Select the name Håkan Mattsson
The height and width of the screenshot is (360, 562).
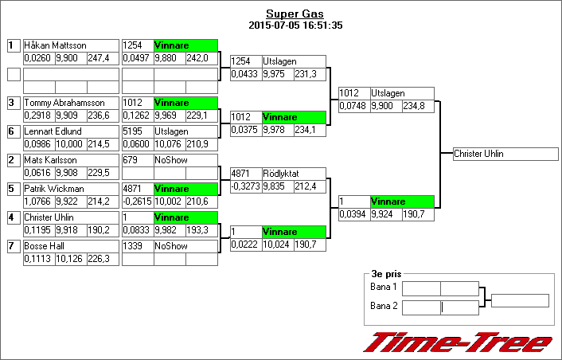point(55,45)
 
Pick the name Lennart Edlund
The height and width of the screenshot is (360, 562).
point(53,131)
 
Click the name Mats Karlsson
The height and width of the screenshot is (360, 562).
point(50,160)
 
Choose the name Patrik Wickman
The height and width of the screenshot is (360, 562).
point(54,189)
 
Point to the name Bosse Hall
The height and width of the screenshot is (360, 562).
point(44,246)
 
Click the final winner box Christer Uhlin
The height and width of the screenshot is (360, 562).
point(479,154)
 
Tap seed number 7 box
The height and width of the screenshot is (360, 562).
point(14,246)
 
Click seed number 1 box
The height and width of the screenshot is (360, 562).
point(14,45)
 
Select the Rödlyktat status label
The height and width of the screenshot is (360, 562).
point(279,173)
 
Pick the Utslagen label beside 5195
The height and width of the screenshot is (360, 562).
point(171,131)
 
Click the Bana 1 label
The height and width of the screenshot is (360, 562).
point(384,288)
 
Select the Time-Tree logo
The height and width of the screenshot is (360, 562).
point(458,342)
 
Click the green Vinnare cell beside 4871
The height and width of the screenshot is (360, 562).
point(185,189)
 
